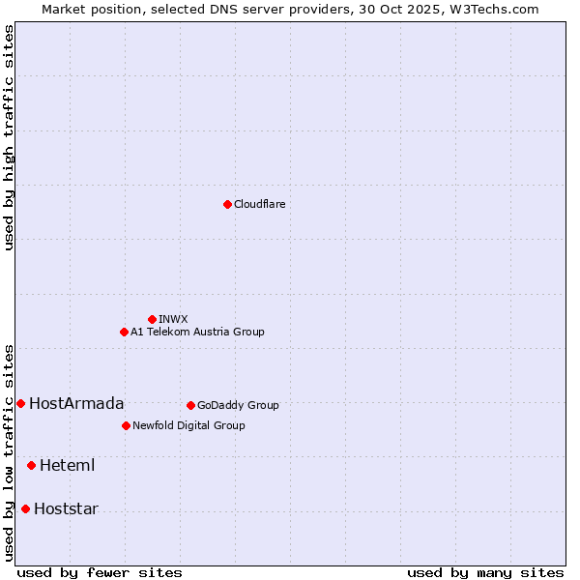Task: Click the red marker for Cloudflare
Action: point(227,204)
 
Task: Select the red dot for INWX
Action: point(152,319)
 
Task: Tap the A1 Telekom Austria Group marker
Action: point(124,332)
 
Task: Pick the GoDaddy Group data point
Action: point(190,405)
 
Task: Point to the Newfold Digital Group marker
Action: point(126,425)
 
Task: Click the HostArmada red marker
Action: point(20,403)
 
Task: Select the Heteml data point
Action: point(31,465)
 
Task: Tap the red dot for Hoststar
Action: point(25,508)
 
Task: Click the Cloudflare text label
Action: point(259,204)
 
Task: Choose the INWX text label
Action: point(173,319)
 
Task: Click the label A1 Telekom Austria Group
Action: point(197,332)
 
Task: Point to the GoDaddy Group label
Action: point(238,405)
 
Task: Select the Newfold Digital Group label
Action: point(188,425)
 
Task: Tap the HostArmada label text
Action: point(76,403)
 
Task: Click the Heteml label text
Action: point(67,465)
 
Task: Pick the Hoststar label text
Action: point(66,508)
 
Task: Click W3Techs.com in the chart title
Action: point(498,9)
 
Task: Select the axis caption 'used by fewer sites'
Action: point(100,572)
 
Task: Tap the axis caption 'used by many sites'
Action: point(485,572)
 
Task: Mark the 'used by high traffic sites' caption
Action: point(9,137)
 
